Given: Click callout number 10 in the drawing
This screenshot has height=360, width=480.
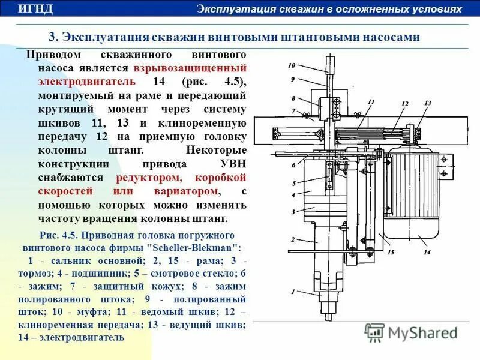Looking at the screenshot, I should click(x=292, y=65).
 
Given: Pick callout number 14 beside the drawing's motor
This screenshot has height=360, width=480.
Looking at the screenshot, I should click(x=427, y=253).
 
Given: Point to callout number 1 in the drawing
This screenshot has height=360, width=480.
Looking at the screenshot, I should click(x=292, y=293).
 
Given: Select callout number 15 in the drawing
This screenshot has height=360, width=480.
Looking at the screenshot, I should click(x=390, y=253).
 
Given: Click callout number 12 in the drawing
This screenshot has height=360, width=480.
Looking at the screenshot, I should click(x=404, y=104).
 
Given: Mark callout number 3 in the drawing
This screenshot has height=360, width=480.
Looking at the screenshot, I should click(x=293, y=212).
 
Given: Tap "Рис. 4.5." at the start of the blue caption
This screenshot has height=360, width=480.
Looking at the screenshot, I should click(x=58, y=235).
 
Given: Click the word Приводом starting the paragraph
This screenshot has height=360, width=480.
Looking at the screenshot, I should click(x=51, y=55).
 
